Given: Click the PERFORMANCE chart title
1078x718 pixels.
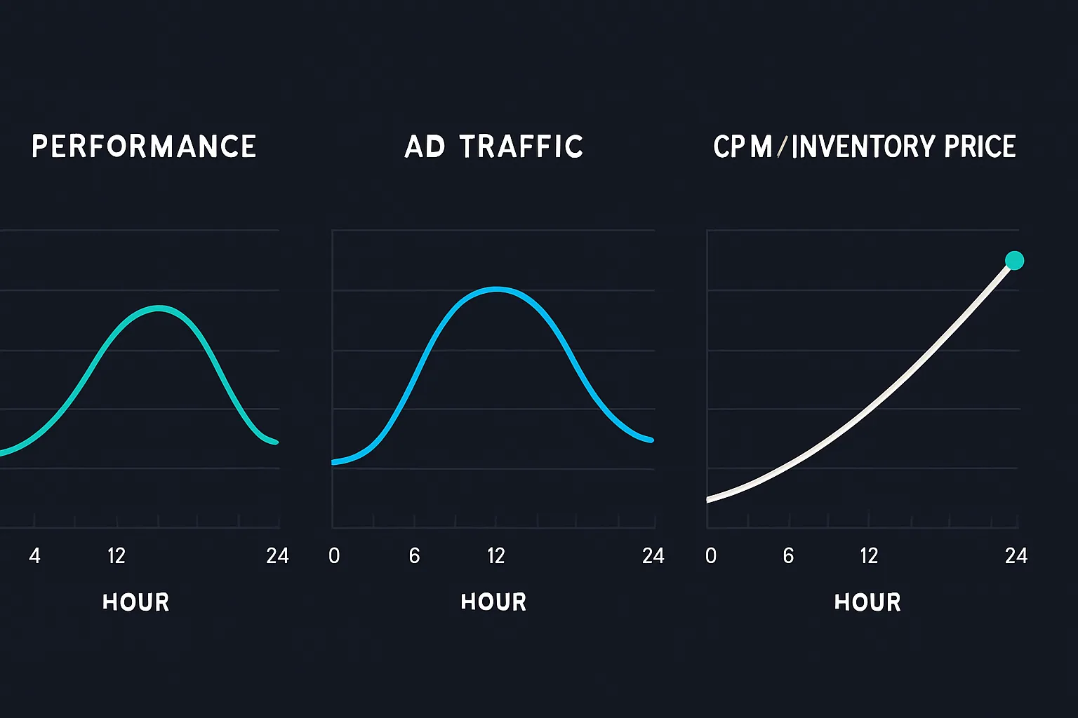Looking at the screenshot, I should pos(144,147).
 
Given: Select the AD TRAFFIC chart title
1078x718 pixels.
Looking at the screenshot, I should pos(493,147).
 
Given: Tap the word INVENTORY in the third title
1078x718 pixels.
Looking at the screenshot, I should pos(863,147).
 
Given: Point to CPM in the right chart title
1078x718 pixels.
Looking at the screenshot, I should pos(743,147).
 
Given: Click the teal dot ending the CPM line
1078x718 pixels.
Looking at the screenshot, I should pos(1014,261).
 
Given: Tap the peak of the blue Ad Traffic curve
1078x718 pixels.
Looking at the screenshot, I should pos(496,289).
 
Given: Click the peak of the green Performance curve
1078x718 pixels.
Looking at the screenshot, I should pos(160,307).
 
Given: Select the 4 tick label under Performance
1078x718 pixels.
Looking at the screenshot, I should pos(34,556).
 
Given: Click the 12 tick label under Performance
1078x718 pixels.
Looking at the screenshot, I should pos(117,556).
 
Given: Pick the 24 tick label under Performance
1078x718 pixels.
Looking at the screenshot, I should pos(277,556).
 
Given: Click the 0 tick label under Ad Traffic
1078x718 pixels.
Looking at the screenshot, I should pos(334,556).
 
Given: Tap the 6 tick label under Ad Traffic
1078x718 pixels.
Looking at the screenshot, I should pos(414,556).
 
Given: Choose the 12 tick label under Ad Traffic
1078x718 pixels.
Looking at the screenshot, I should pos(496,556).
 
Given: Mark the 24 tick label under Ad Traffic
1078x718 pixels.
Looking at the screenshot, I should pos(653,556).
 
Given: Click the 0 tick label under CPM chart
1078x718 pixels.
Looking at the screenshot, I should pos(711,556).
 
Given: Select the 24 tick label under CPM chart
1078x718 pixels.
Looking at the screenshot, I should pos(1016,556).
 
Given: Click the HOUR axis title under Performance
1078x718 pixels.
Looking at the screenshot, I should pos(135,602).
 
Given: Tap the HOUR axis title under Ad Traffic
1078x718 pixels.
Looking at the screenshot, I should pos(493,602).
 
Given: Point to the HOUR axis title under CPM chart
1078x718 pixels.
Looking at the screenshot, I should pos(867,602).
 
